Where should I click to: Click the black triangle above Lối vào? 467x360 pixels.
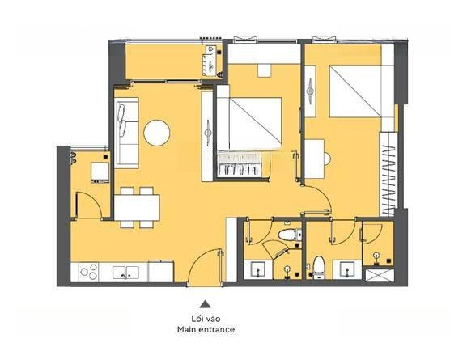pos(205,304)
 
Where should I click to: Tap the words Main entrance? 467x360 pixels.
pos(206,329)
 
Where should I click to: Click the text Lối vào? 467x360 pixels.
pos(206,319)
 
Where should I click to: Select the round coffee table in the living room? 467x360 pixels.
pos(157,133)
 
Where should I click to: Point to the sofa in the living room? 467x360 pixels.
pos(127,133)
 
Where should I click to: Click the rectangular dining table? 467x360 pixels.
pos(137,208)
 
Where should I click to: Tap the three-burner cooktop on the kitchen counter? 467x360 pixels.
pos(88,272)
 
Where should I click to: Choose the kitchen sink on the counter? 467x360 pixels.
pos(125,273)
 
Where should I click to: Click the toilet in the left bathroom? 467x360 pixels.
pos(290,235)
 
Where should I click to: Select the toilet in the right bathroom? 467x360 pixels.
pos(319,268)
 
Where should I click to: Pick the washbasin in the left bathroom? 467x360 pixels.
pos(258,269)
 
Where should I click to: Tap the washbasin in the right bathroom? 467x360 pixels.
pos(347,269)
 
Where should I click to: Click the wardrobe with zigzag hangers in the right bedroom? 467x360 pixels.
pos(388,174)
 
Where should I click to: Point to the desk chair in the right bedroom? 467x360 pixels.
pos(327,159)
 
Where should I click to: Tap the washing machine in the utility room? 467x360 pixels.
pos(100,172)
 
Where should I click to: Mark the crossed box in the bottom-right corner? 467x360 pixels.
pos(380,275)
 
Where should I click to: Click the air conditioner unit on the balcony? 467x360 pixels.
pos(211,61)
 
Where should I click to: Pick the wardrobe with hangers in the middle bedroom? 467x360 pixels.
pos(239,166)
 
